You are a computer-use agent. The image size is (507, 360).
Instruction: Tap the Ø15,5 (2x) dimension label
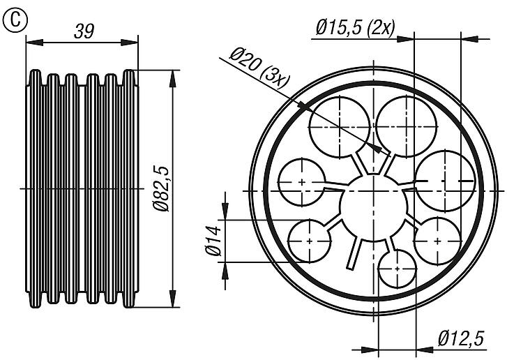[355, 27]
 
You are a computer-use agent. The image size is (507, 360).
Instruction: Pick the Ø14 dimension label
[213, 239]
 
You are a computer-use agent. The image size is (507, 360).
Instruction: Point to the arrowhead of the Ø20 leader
[379, 149]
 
